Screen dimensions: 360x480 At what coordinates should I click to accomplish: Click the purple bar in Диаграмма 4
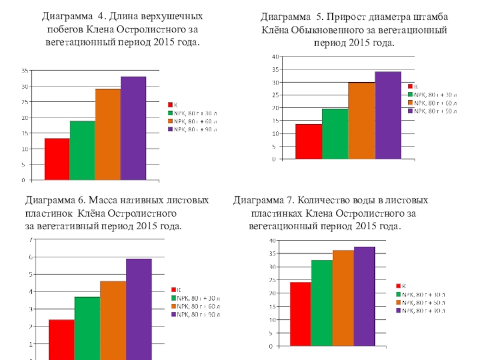tap(133, 128)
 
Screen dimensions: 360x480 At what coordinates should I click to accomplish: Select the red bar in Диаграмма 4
tap(57, 159)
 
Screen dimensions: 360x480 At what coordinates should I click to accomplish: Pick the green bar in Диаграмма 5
tap(335, 134)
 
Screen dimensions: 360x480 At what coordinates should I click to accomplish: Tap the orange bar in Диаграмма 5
tap(362, 121)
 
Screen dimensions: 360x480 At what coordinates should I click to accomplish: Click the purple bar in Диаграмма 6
tap(139, 309)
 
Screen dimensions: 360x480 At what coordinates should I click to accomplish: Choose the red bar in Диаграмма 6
tap(61, 339)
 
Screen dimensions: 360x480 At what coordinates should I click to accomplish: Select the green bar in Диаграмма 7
tap(323, 303)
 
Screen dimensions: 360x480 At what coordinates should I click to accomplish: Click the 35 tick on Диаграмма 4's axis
tap(25, 70)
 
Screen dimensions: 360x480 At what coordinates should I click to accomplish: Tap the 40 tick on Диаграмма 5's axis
tap(274, 56)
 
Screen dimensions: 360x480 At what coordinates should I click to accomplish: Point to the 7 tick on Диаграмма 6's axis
tap(31, 240)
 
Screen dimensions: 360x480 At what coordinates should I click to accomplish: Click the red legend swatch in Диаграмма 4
tap(170, 104)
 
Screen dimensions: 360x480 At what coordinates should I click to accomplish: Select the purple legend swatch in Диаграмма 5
tap(410, 110)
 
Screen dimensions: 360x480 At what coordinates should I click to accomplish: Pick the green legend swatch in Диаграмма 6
tap(174, 298)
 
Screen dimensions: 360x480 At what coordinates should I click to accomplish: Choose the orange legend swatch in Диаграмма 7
tap(398, 302)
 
